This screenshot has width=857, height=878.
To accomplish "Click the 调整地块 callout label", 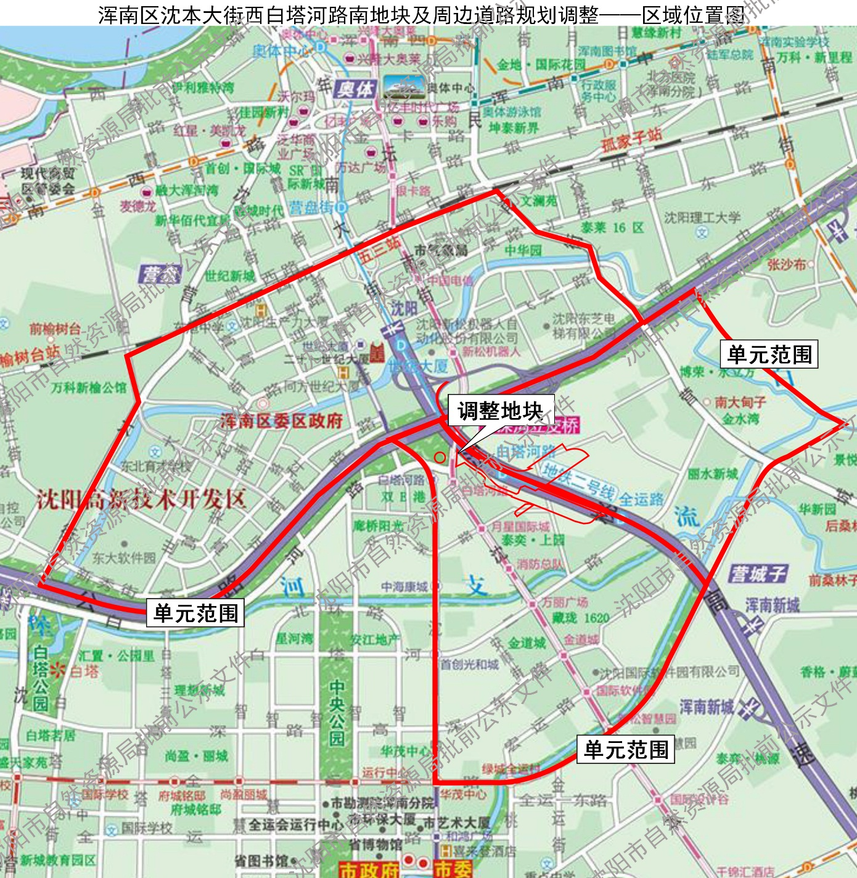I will click(x=500, y=411).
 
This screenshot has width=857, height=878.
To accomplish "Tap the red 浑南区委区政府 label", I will click(x=281, y=421).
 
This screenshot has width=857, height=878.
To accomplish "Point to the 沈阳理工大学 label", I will click(x=702, y=218).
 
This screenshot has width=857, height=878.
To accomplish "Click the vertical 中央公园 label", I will click(x=337, y=713).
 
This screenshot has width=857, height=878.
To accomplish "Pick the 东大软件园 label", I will click(x=124, y=558).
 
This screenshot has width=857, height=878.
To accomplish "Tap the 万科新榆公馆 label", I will click(x=89, y=388).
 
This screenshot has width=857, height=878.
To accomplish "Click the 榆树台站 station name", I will click(x=30, y=355).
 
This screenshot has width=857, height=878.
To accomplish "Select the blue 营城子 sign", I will click(x=758, y=574).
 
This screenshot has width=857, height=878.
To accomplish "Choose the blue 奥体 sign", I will click(x=355, y=89).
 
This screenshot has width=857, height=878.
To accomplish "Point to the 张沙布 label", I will click(x=787, y=265).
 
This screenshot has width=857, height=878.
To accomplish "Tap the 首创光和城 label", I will click(x=469, y=664).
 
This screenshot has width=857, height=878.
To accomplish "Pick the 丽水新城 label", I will click(x=713, y=474).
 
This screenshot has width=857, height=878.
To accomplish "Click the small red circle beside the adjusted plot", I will click(x=440, y=457).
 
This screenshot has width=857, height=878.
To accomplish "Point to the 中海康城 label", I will click(x=404, y=587).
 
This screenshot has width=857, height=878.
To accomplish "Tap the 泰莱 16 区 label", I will click(x=612, y=228).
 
